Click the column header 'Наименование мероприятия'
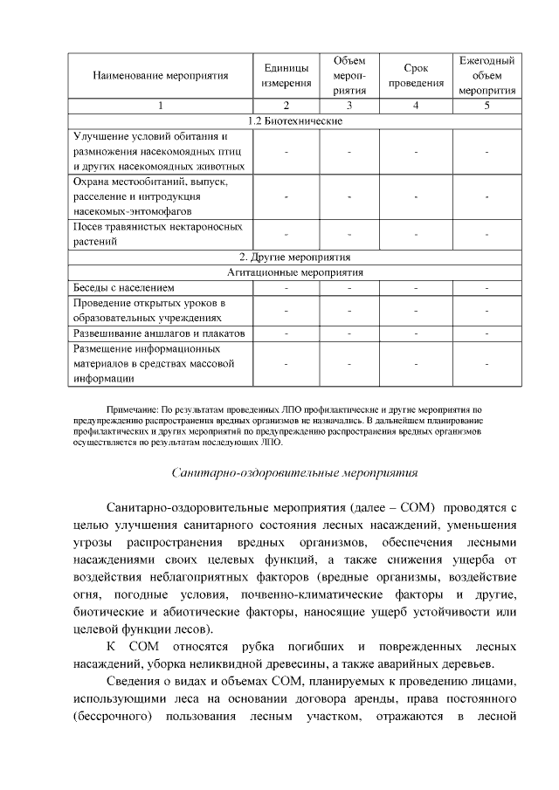[160, 76]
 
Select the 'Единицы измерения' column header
[286, 76]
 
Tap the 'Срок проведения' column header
[416, 76]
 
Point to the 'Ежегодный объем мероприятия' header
[487, 76]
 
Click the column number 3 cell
[349, 106]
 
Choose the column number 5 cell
[487, 106]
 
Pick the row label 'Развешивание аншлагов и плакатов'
[157, 333]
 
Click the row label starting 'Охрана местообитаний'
[149, 196]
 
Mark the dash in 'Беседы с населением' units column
[286, 287]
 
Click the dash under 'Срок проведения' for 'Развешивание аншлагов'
[416, 333]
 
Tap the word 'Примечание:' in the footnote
[133, 409]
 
